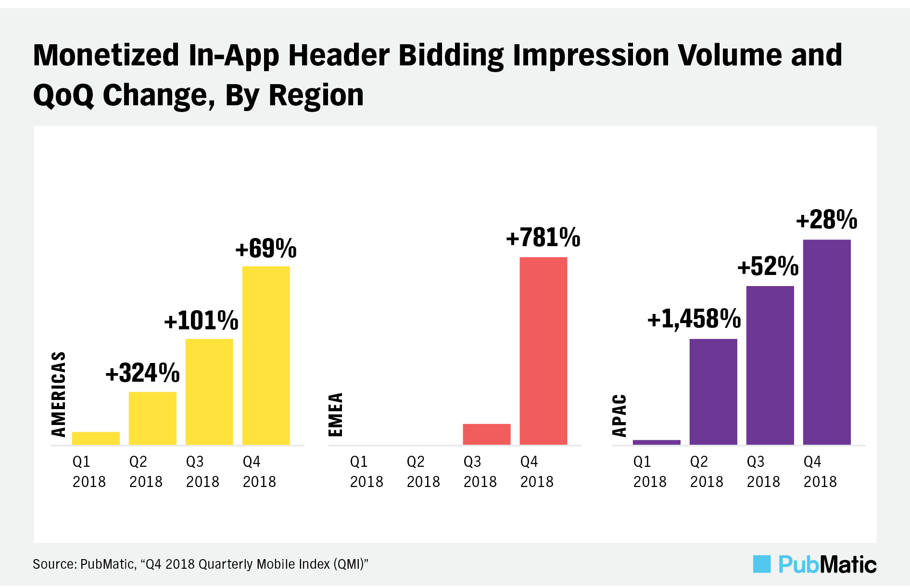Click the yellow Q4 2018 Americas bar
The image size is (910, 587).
pos(266,356)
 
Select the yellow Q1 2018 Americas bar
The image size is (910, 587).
pos(96,438)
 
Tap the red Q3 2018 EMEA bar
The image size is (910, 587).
pos(486,434)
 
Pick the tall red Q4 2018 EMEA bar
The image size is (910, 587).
pos(543,351)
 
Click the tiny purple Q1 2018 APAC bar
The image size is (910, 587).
pos(657,442)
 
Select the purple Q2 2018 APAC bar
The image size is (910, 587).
pos(713,392)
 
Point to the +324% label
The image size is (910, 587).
pos(142,374)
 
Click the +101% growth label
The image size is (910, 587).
pos(201,321)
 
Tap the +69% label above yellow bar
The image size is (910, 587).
pos(265,249)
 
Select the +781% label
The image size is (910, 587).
pos(543,238)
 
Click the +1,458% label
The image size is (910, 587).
pos(694,319)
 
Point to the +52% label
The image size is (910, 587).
pos(768,267)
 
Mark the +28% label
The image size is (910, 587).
pos(826,220)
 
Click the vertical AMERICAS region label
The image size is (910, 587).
pos(59,394)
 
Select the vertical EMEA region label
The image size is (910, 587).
pos(336,414)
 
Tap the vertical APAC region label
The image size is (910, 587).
pos(619,415)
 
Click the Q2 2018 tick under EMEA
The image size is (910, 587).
pos(423,472)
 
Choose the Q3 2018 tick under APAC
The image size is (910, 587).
pos(763,472)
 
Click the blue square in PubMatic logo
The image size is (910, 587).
pos(761,564)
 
